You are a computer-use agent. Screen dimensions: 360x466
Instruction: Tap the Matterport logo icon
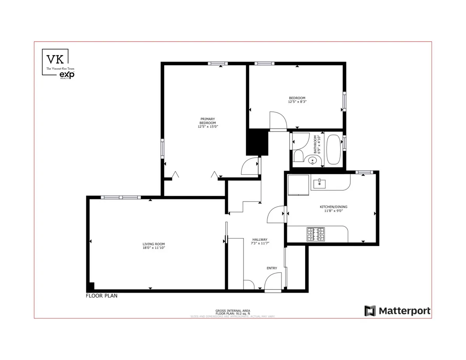pyautogui.click(x=370, y=311)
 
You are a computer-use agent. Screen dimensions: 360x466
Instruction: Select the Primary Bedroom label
pyautogui.click(x=207, y=123)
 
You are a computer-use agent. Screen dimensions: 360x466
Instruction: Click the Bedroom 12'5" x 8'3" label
pyautogui.click(x=297, y=100)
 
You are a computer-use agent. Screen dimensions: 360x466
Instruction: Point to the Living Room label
pyautogui.click(x=153, y=246)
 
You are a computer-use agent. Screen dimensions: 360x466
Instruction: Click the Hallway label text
pyautogui.click(x=260, y=242)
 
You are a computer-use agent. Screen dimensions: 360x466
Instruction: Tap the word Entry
pyautogui.click(x=272, y=268)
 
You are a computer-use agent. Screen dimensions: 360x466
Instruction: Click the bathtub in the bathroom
pyautogui.click(x=333, y=150)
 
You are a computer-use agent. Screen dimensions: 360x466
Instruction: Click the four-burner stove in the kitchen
pyautogui.click(x=315, y=234)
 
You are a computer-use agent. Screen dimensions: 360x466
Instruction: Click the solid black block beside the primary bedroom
pyautogui.click(x=257, y=142)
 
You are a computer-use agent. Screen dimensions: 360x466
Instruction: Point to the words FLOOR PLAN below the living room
pyautogui.click(x=101, y=296)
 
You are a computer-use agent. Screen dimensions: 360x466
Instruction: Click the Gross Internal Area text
pyautogui.click(x=233, y=311)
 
